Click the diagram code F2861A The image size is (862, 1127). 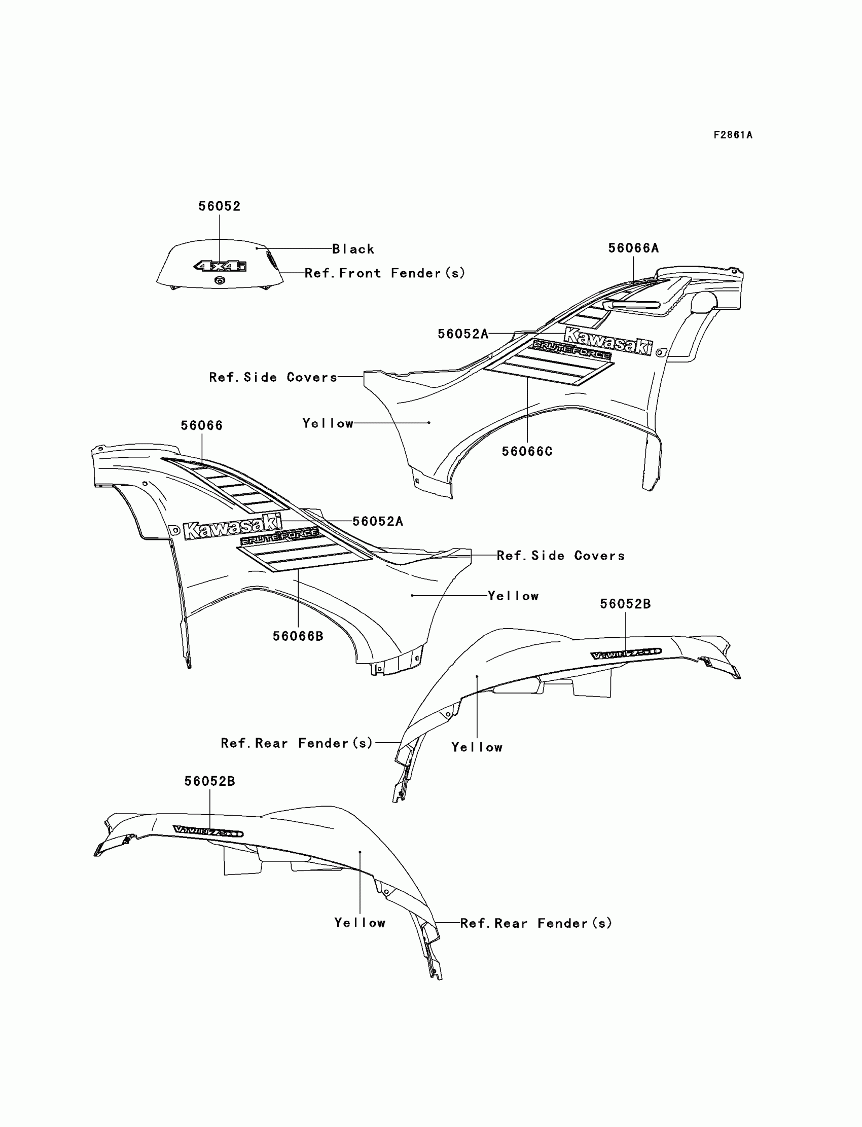(x=733, y=135)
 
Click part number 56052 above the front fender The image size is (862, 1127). (x=220, y=206)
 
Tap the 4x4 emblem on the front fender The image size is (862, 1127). (x=220, y=266)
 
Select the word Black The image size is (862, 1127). (x=353, y=249)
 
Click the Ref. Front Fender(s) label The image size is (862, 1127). (x=385, y=273)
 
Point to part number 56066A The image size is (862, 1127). (x=633, y=248)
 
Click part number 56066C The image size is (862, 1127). (x=527, y=451)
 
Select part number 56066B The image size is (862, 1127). (x=298, y=636)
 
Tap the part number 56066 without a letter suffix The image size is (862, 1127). (x=202, y=426)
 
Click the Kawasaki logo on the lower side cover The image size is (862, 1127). (x=232, y=526)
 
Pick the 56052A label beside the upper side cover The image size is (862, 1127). (x=463, y=334)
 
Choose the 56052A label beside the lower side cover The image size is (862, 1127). (x=378, y=522)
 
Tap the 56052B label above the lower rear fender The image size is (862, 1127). (x=209, y=781)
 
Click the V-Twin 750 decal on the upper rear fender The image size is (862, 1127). (x=626, y=653)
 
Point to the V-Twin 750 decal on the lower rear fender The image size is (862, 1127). (x=208, y=831)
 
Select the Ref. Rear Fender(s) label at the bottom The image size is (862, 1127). (x=536, y=923)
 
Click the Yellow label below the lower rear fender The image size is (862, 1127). (x=360, y=923)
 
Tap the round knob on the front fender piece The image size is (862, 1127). (x=220, y=279)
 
